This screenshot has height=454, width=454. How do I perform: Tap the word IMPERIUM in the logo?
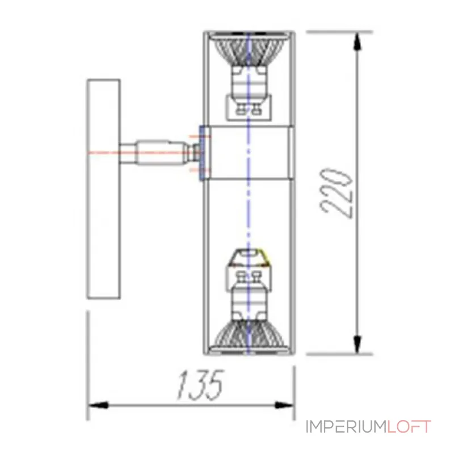pos(346,427)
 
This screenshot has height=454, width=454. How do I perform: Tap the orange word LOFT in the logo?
pos(409,427)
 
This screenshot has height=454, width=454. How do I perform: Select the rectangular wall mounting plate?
pos(103,189)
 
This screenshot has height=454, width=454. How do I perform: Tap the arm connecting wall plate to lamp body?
pos(153,152)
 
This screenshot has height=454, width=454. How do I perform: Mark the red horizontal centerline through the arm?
pos(105,152)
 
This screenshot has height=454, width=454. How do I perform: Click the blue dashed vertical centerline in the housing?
pos(249,216)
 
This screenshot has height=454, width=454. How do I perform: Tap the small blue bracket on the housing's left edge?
pos(201,152)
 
